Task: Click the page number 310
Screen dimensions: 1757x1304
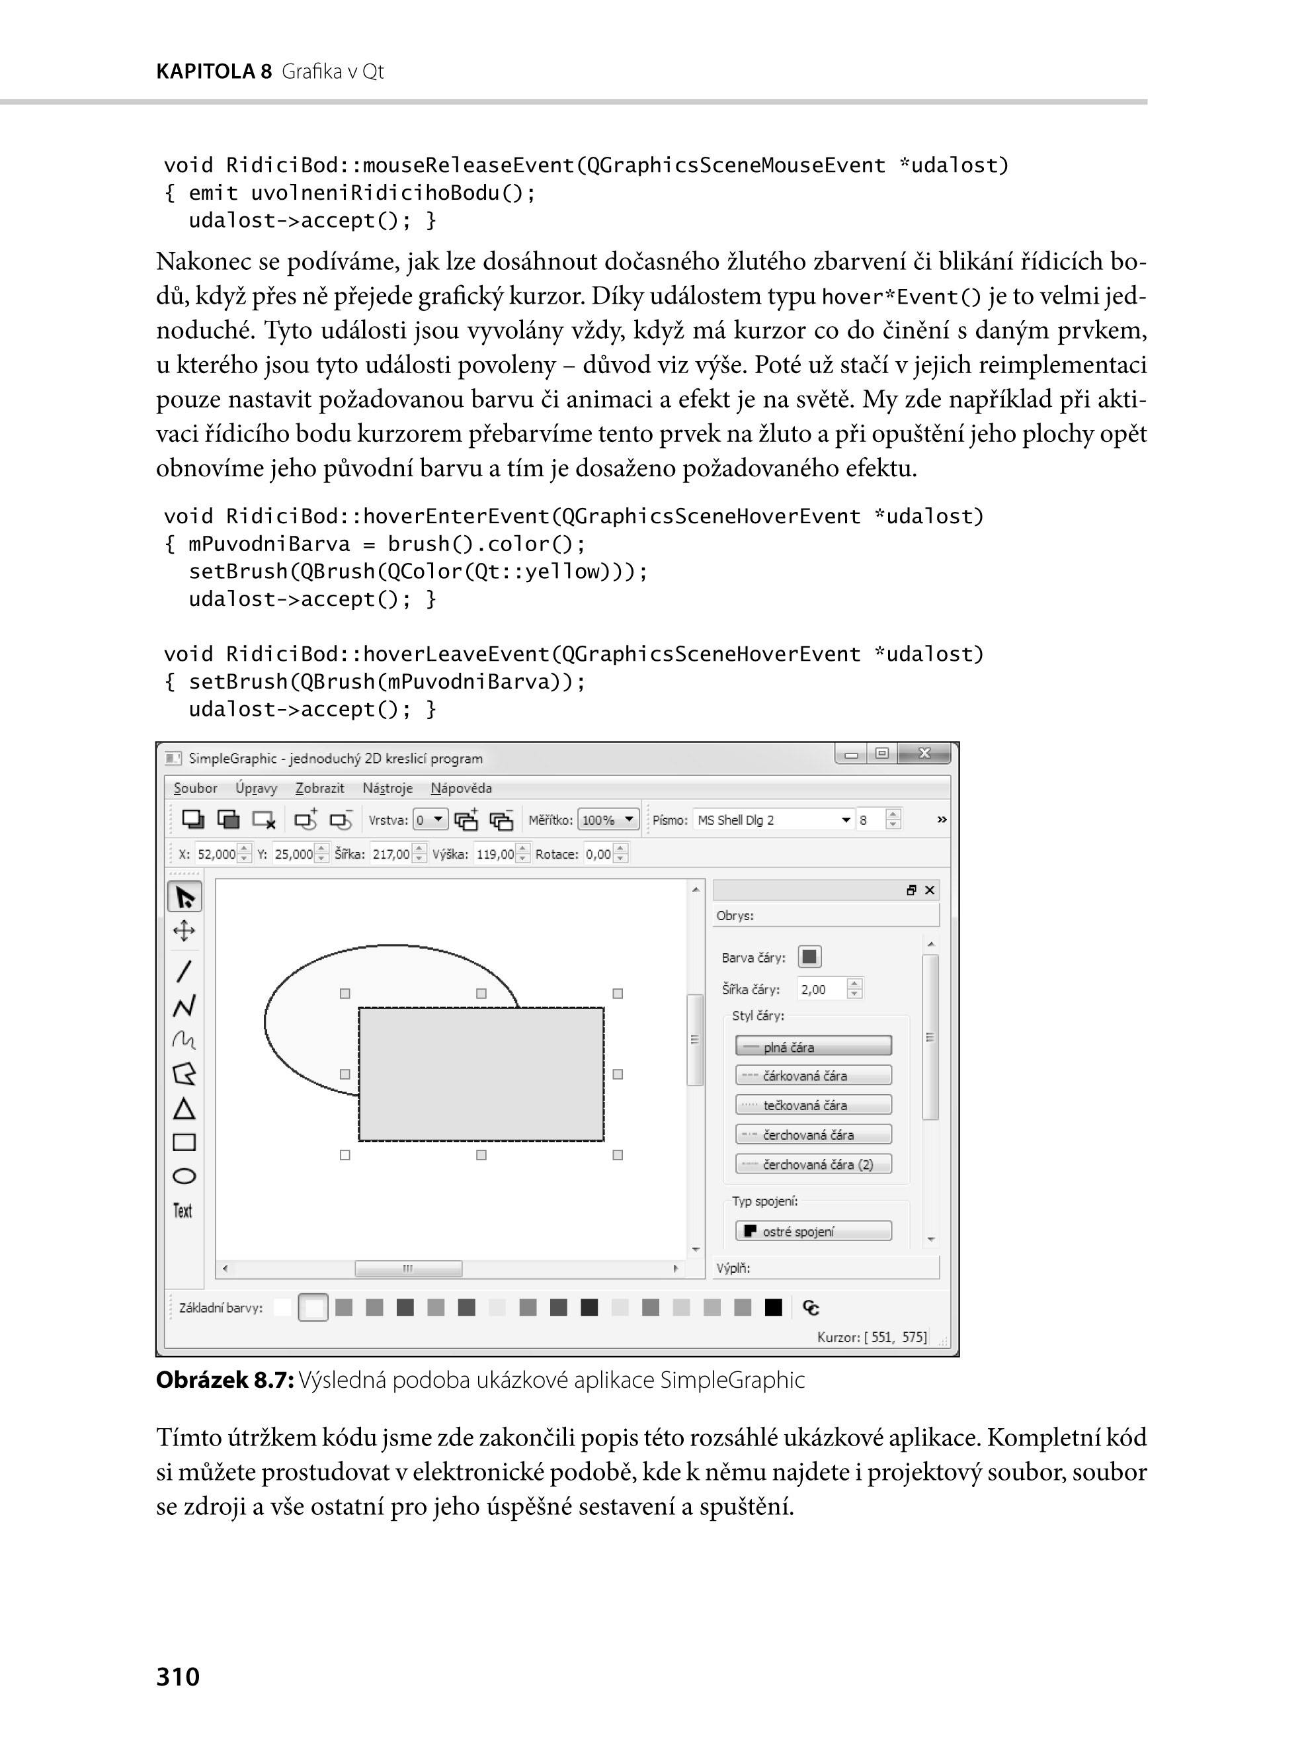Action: click(178, 1676)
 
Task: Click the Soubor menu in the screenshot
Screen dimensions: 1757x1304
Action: click(195, 788)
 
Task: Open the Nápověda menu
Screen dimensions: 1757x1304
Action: click(461, 788)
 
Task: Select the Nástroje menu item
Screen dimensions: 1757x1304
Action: click(387, 788)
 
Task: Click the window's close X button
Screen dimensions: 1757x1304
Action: click(924, 754)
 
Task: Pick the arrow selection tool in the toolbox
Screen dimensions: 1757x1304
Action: click(184, 898)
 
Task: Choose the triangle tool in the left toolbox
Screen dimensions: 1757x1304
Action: click(184, 1109)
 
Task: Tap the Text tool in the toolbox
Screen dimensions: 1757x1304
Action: click(183, 1211)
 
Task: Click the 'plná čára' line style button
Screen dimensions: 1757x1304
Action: click(813, 1047)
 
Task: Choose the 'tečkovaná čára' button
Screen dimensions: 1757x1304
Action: click(813, 1105)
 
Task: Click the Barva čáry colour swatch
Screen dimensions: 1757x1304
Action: click(809, 957)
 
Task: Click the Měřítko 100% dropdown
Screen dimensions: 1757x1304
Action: click(608, 820)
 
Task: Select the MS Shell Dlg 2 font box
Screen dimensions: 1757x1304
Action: click(774, 820)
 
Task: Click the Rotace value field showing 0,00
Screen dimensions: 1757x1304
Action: click(599, 853)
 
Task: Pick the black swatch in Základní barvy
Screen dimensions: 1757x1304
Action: click(774, 1308)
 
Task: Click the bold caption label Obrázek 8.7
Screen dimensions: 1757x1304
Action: click(225, 1379)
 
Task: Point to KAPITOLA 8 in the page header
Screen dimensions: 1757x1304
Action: click(213, 72)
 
